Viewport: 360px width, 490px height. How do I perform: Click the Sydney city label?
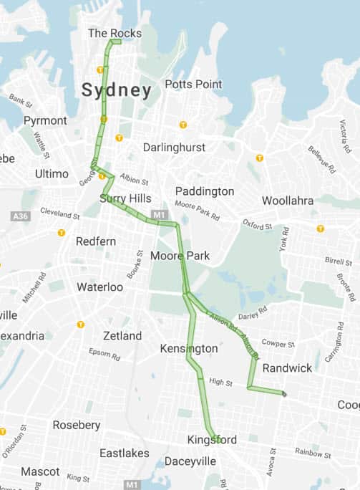(x=116, y=91)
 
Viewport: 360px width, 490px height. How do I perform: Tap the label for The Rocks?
(x=115, y=33)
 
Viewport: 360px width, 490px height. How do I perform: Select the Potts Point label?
(x=193, y=84)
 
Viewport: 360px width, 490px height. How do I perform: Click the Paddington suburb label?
(x=205, y=191)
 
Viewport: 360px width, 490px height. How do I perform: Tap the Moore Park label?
(x=180, y=256)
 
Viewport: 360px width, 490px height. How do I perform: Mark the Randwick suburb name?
(x=288, y=367)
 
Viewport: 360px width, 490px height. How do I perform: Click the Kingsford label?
(x=212, y=439)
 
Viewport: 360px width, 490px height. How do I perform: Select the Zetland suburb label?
(x=122, y=335)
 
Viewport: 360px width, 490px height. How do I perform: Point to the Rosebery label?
(x=76, y=425)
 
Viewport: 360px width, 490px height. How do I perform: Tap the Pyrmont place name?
(x=45, y=120)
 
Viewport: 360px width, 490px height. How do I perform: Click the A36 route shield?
(x=21, y=216)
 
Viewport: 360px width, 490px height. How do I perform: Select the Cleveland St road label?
(x=60, y=214)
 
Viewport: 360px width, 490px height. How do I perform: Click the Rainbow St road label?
(x=313, y=451)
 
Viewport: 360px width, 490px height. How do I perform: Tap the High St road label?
(x=220, y=383)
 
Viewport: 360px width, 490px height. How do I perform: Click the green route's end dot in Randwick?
(x=284, y=394)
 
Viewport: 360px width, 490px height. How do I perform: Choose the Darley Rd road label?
(x=253, y=312)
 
